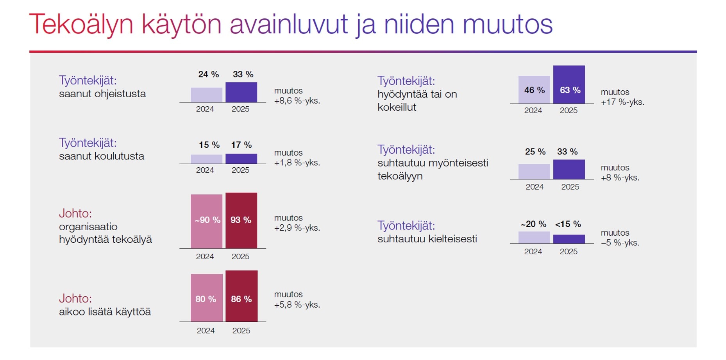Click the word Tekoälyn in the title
(81, 24)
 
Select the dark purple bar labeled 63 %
(569, 84)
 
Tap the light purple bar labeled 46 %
(534, 90)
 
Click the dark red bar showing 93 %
(241, 220)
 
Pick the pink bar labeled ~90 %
(206, 221)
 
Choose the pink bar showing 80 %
(206, 298)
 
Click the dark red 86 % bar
(241, 296)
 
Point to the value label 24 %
(208, 74)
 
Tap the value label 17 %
(241, 145)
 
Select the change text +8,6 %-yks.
(297, 101)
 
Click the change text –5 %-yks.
(620, 243)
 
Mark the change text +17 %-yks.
(622, 102)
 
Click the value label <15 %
(568, 224)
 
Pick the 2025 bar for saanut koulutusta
(241, 159)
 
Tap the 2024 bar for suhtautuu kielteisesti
(534, 237)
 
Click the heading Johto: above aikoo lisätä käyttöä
(75, 299)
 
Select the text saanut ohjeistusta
(102, 94)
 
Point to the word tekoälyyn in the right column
(400, 176)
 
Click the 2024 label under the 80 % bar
(206, 331)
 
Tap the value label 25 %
(535, 152)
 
